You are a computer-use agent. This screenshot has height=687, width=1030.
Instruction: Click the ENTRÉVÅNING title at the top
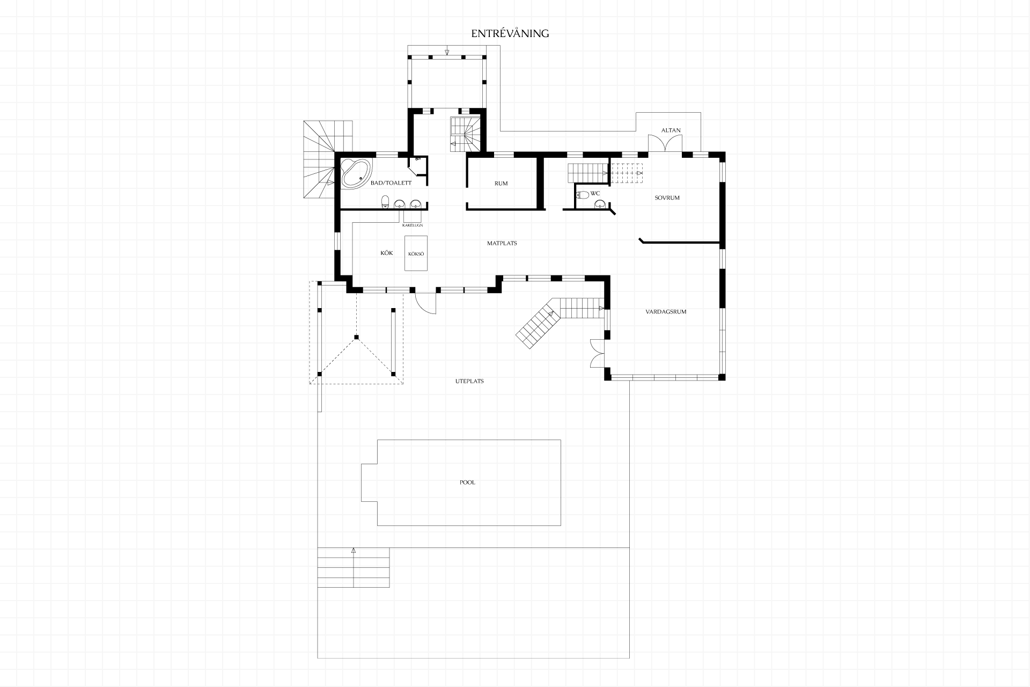(510, 33)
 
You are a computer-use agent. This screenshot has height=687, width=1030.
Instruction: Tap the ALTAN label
(671, 130)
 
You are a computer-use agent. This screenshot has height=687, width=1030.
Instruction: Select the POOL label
(467, 483)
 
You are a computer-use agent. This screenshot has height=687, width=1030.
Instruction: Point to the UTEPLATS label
(469, 381)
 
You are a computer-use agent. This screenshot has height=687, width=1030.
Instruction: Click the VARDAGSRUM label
(666, 311)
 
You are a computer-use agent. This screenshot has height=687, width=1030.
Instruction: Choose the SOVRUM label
(667, 198)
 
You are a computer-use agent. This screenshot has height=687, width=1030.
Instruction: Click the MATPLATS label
(502, 243)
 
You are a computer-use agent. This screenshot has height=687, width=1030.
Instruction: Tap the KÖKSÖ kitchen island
(416, 253)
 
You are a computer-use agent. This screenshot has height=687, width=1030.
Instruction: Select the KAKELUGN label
(413, 225)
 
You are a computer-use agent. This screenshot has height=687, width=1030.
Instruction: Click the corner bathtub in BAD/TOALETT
(355, 173)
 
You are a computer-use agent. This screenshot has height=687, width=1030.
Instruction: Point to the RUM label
(501, 184)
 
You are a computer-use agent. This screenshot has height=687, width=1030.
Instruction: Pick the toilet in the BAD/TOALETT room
(385, 202)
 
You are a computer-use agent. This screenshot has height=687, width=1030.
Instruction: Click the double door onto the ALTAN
(665, 144)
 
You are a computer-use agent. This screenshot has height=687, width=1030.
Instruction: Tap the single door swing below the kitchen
(426, 302)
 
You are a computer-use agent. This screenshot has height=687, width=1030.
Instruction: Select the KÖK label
(387, 253)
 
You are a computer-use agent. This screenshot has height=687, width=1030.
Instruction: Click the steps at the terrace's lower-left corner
(354, 567)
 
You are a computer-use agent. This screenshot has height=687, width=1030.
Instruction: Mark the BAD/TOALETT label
(391, 183)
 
